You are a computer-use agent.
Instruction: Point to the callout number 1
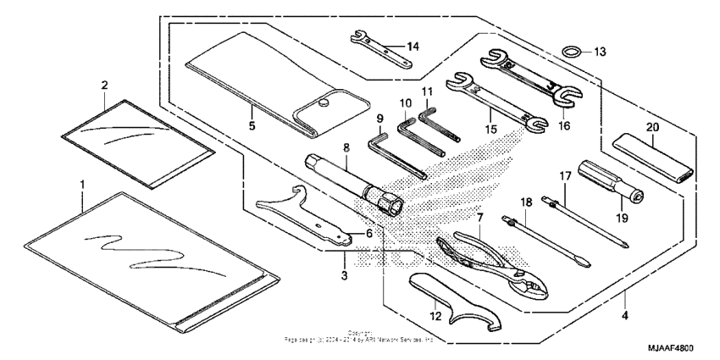(x=82, y=183)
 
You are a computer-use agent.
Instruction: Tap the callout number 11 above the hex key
(x=427, y=90)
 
